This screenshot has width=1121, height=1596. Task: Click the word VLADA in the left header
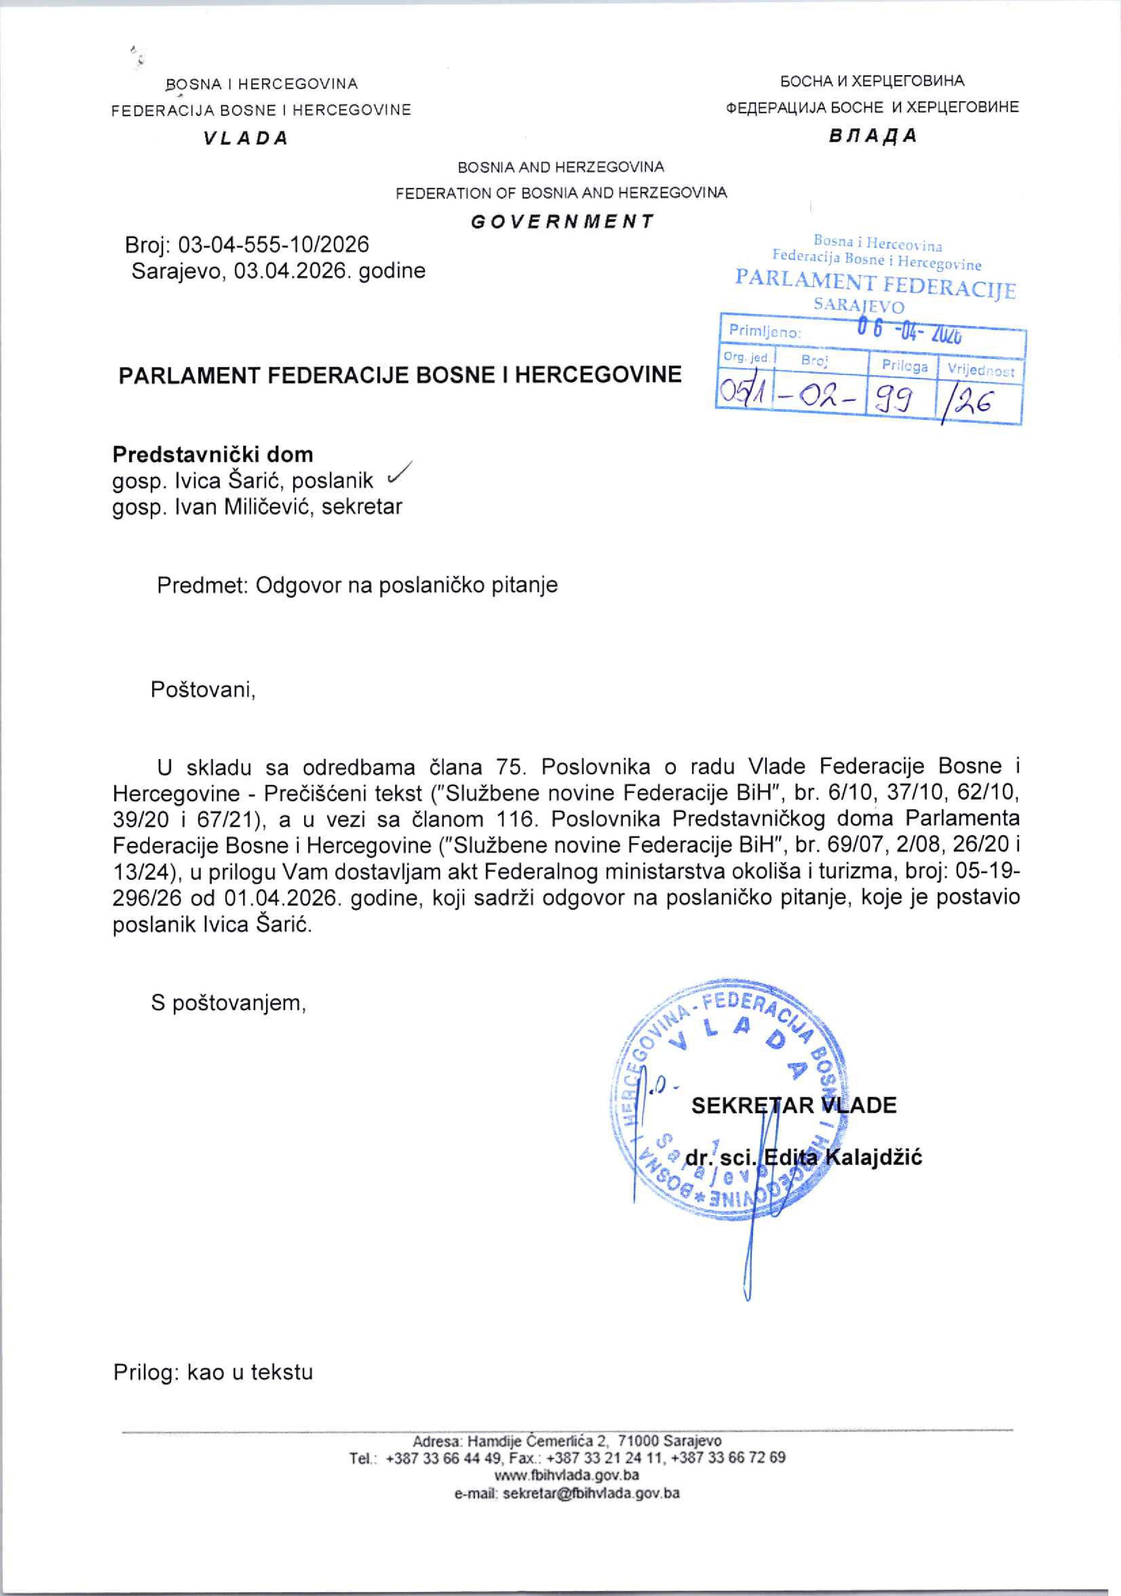[x=246, y=137]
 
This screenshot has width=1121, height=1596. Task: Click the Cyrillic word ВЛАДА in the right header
[x=873, y=136]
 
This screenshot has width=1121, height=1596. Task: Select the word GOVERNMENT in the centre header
[x=562, y=222]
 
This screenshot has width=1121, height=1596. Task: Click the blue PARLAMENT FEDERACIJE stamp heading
[x=875, y=284]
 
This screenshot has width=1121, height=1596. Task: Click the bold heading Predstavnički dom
[x=213, y=455]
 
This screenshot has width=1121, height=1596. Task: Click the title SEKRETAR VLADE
[x=793, y=1105]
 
